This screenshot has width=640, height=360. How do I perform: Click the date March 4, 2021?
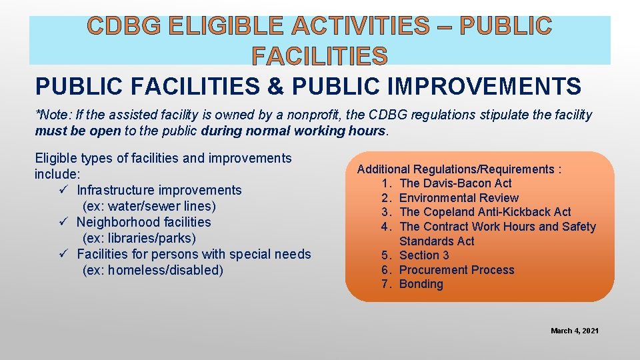[x=574, y=331]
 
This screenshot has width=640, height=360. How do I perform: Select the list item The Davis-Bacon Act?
[x=455, y=183]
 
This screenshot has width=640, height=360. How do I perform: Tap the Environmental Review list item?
[x=459, y=198]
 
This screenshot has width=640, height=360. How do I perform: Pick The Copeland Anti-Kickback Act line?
[x=485, y=212]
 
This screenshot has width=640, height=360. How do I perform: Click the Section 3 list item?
[x=424, y=255]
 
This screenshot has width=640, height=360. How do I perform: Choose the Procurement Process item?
[x=457, y=270]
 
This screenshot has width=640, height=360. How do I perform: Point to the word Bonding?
[x=421, y=284]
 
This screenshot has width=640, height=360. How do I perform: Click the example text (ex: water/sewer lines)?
[x=149, y=206]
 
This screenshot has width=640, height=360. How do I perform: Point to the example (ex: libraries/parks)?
[x=138, y=238]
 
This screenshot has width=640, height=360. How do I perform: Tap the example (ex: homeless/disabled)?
[x=153, y=270]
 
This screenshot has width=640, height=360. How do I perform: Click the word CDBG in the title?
[x=123, y=27]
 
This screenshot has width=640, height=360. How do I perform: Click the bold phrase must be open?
[x=77, y=131]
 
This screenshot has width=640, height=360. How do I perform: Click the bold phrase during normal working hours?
[x=293, y=131]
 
